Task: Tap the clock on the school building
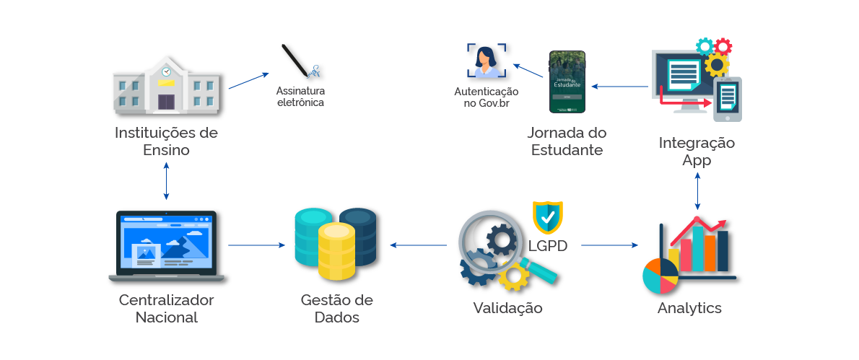coord(166,72)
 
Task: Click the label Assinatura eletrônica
coord(301,97)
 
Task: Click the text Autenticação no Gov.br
coord(486,97)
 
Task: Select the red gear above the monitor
coord(723,46)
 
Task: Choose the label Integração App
coord(697,152)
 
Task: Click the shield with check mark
coord(547,216)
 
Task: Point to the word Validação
coord(507,308)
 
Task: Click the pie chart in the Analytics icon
coord(660,276)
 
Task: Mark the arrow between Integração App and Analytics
coord(697,191)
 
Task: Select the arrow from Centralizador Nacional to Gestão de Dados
coord(256,245)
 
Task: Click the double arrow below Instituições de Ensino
coord(167,181)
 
